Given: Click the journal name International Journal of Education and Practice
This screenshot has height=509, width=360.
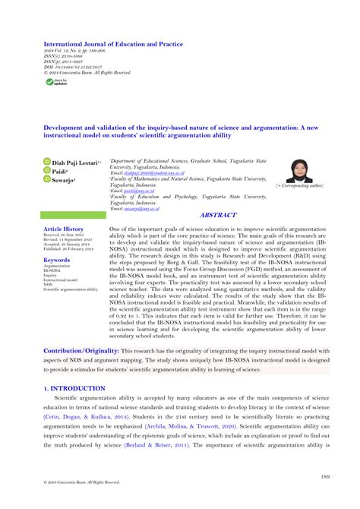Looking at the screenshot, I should pyautogui.click(x=112, y=45).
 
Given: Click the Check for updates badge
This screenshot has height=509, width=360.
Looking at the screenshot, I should pyautogui.click(x=58, y=81).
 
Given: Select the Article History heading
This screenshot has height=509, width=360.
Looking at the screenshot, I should pyautogui.click(x=64, y=229).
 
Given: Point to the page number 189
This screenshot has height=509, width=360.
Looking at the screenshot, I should pyautogui.click(x=324, y=477).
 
